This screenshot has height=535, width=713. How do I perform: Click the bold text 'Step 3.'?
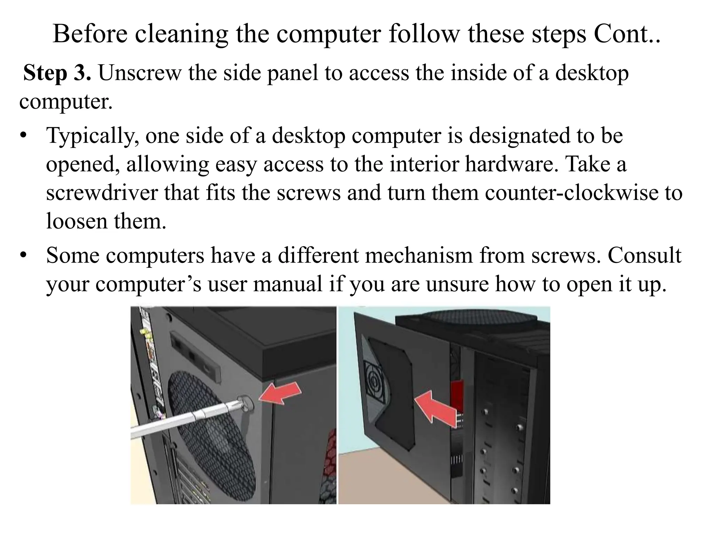[57, 73]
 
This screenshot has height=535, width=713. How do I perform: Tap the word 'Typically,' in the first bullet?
[93, 136]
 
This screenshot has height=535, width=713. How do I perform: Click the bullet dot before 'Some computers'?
[23, 256]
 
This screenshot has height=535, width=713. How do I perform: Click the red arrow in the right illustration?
[435, 409]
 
